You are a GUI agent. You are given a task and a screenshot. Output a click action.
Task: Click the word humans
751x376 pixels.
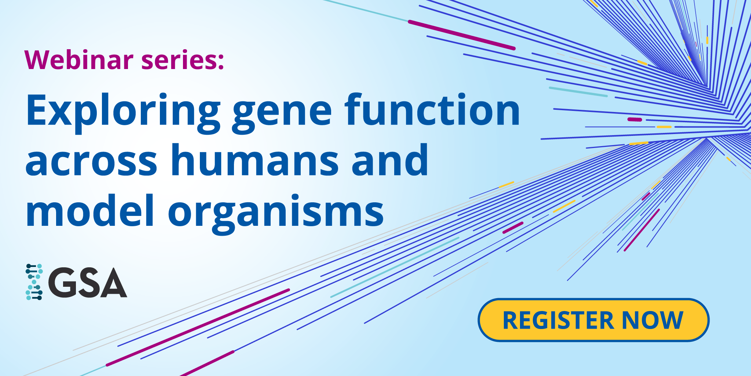click(x=255, y=160)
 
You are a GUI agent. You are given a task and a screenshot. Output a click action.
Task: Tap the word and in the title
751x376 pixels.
click(x=390, y=160)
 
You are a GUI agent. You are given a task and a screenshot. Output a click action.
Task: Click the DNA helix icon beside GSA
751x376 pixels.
click(x=34, y=282)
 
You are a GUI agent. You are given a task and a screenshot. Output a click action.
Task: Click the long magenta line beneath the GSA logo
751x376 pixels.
click(x=198, y=327)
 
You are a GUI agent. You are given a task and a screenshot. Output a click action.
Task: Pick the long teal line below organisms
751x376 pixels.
click(x=395, y=267)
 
